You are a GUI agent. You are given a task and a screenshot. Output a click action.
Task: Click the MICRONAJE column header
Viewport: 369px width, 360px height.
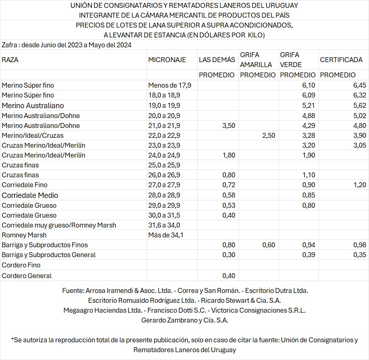(x=167, y=60)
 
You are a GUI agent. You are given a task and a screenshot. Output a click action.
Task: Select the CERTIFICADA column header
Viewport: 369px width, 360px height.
(x=341, y=60)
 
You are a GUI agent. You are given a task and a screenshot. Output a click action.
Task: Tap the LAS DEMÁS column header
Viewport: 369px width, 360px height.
(x=217, y=60)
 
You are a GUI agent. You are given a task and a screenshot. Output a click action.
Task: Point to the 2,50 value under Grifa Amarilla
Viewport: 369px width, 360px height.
(x=269, y=135)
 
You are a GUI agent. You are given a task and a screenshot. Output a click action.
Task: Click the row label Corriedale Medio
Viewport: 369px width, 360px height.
(x=30, y=195)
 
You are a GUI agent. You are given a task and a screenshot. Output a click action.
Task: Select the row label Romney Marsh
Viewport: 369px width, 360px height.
(x=24, y=235)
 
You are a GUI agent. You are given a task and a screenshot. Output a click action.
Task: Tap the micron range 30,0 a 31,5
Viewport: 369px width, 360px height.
(x=164, y=215)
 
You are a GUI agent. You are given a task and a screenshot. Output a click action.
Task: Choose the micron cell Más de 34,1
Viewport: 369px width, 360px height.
(x=166, y=235)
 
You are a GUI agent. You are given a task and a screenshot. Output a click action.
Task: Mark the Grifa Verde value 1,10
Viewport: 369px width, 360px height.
(x=308, y=175)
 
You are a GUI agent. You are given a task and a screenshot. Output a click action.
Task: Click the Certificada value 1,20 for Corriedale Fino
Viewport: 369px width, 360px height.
(x=360, y=185)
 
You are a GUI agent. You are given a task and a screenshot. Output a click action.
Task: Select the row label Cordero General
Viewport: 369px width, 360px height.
(x=27, y=276)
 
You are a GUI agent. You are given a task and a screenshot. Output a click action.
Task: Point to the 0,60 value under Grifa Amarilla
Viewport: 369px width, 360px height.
(x=269, y=245)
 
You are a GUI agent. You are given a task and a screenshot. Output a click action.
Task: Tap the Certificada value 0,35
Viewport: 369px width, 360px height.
(x=360, y=255)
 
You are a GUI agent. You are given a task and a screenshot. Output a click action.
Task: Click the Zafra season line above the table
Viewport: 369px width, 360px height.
(x=66, y=45)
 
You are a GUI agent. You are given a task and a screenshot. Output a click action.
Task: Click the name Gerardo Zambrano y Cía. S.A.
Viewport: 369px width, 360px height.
(x=184, y=320)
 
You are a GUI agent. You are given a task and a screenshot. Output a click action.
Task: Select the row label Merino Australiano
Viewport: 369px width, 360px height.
(x=33, y=105)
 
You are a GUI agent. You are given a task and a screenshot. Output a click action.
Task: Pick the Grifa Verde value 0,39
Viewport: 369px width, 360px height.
(x=308, y=255)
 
